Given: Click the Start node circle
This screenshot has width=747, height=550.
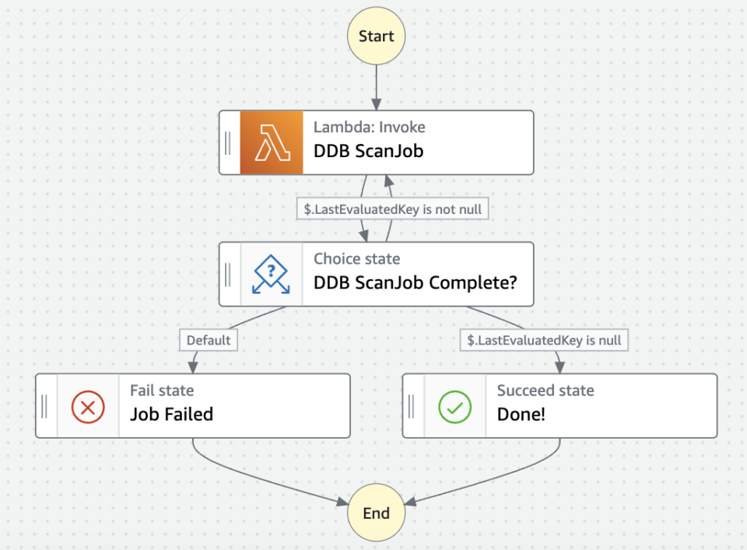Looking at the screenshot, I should (x=377, y=37).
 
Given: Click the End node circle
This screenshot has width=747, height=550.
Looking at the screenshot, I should (x=377, y=513).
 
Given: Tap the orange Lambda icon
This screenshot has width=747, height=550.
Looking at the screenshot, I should (x=271, y=142).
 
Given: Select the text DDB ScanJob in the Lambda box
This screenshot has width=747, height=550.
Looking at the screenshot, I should (x=368, y=151).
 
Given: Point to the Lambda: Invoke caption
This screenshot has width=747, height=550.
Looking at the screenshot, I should (x=369, y=128).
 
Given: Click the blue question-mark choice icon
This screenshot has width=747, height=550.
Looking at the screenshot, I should (x=271, y=274).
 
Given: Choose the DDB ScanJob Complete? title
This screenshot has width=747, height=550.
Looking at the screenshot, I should (x=415, y=282).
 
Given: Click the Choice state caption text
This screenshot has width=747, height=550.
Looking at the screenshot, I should (x=356, y=259).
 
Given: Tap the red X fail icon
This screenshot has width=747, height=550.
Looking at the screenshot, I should (x=88, y=406).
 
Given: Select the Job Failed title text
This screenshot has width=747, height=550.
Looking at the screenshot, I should (x=171, y=414).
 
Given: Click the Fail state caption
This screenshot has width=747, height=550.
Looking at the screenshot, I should (x=162, y=391).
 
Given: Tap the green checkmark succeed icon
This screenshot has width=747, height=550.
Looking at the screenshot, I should (x=455, y=406).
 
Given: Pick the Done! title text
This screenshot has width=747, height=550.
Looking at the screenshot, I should (x=521, y=414).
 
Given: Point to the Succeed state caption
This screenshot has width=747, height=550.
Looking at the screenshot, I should (x=545, y=391).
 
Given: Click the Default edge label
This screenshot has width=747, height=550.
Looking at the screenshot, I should (x=209, y=340).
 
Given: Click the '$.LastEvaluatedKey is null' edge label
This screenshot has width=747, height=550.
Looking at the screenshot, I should (x=544, y=340).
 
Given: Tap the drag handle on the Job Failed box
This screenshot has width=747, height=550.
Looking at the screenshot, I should (x=45, y=406).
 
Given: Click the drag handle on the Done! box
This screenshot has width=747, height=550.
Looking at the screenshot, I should (x=412, y=406).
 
